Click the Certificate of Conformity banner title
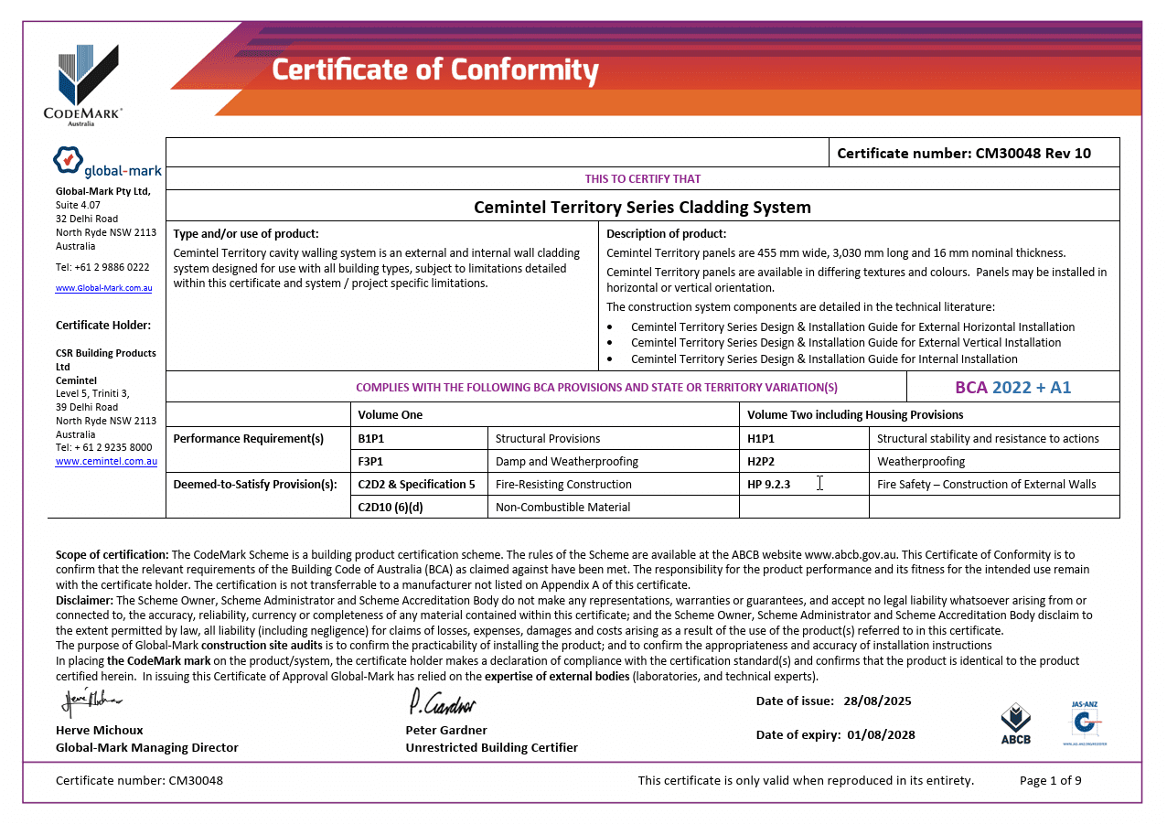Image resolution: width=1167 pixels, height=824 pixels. (435, 70)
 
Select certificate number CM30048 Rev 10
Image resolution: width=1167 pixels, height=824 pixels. (964, 153)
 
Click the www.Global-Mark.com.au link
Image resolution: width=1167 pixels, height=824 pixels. (103, 288)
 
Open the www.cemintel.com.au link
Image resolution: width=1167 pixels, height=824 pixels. (106, 462)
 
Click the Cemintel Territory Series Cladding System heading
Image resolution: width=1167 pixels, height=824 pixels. (642, 207)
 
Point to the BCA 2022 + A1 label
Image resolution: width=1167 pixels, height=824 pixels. (1012, 387)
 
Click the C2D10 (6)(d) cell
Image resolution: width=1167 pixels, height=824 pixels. (391, 507)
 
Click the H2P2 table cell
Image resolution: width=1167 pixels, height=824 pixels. (761, 461)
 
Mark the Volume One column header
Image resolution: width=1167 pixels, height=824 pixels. (391, 414)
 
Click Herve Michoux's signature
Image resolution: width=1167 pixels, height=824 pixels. (91, 701)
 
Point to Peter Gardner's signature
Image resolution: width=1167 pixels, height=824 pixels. (443, 703)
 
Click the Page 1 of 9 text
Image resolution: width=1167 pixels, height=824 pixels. (1050, 780)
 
